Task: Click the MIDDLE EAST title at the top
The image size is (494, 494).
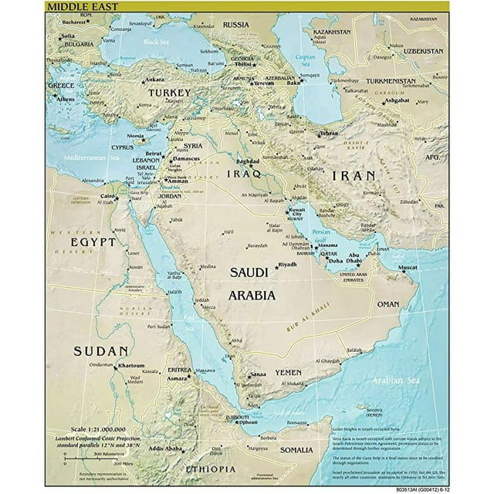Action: pyautogui.click(x=80, y=7)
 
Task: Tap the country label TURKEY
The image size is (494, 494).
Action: pyautogui.click(x=169, y=93)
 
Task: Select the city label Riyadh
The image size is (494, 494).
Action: pyautogui.click(x=287, y=265)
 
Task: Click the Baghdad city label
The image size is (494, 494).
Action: pyautogui.click(x=248, y=162)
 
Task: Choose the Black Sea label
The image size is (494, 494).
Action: pyautogui.click(x=155, y=42)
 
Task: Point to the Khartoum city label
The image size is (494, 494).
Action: pyautogui.click(x=131, y=366)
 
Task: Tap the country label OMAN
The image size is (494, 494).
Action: pyautogui.click(x=388, y=304)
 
